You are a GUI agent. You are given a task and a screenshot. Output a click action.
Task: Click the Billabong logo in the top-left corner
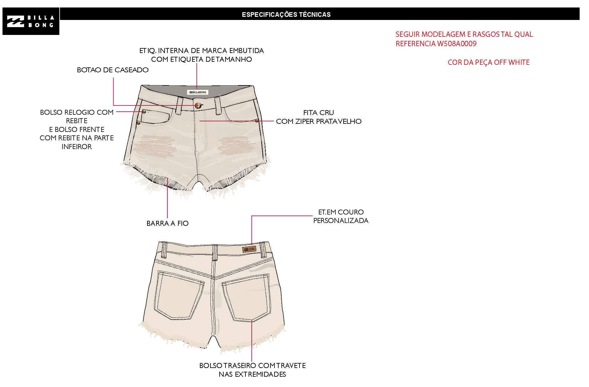[31, 21]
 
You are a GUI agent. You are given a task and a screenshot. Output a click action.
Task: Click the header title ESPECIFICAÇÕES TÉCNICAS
[286, 14]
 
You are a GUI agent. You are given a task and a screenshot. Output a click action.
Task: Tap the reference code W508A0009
[457, 44]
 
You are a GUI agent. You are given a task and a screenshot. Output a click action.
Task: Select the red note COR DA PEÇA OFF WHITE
[488, 62]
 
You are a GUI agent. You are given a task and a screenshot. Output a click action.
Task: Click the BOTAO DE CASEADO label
[112, 70]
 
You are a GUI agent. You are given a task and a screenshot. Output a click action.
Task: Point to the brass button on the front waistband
[198, 106]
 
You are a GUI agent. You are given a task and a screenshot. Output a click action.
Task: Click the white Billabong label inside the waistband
[197, 92]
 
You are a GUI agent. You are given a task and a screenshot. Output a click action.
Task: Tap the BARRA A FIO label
[167, 223]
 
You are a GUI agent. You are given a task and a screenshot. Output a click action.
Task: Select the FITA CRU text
[319, 113]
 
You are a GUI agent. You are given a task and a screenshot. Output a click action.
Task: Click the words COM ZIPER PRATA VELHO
[319, 121]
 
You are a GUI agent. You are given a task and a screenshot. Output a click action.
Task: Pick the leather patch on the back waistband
[249, 249]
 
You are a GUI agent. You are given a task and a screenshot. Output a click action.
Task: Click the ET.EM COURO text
[341, 212]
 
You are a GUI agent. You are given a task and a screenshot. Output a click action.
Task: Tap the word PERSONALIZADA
[341, 220]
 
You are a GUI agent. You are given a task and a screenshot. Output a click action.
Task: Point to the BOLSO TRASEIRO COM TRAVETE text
[252, 365]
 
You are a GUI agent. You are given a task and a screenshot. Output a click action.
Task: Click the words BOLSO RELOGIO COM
[77, 112]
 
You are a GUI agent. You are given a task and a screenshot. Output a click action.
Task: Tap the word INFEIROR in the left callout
[77, 147]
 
